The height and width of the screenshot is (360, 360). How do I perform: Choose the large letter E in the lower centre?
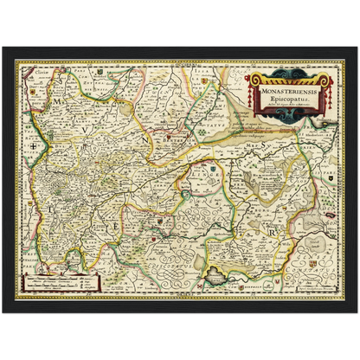click(x=117, y=227)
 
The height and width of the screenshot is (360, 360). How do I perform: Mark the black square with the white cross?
click(x=34, y=145)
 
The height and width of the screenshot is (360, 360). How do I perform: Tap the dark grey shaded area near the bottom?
click(x=215, y=275)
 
